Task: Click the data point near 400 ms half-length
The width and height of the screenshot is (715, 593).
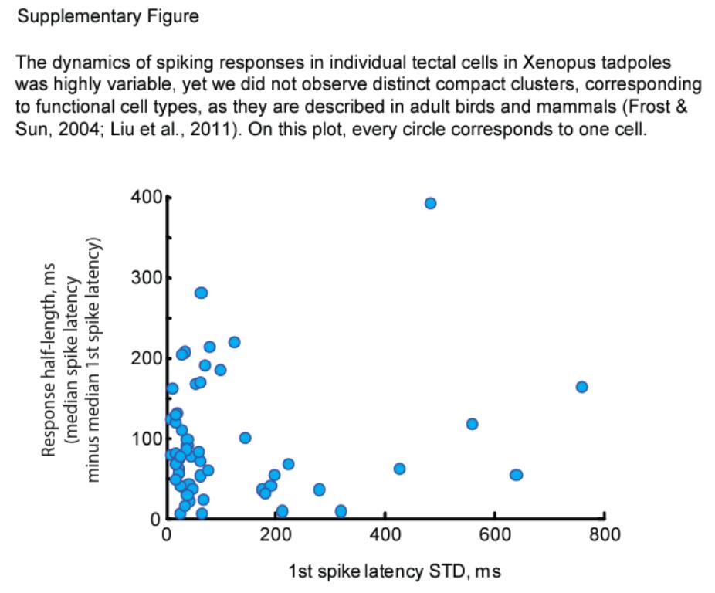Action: [x=430, y=203]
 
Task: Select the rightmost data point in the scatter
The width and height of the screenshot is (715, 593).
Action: [x=581, y=387]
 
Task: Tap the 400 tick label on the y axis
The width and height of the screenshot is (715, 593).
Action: [x=146, y=198]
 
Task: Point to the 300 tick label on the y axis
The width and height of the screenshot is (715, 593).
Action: [x=146, y=278]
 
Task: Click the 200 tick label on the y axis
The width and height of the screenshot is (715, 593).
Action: [x=146, y=358]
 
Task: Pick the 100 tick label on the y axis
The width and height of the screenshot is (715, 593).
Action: [x=146, y=439]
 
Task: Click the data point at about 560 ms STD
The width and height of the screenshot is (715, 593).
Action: [x=472, y=424]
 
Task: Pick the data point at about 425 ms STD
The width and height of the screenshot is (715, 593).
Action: [x=399, y=469]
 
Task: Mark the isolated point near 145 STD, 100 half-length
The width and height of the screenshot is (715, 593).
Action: [x=245, y=438]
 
